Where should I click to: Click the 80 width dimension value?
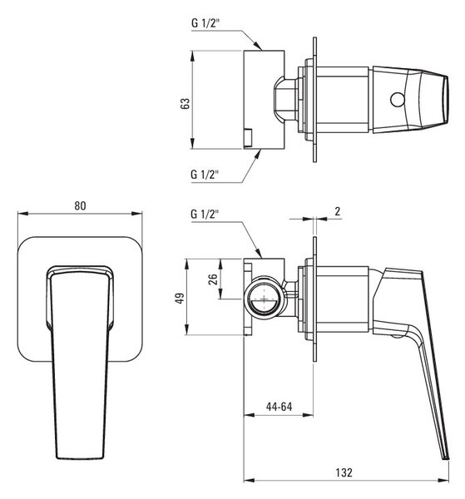tap(80, 206)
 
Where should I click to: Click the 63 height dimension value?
tap(185, 104)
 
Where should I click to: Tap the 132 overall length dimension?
tap(344, 472)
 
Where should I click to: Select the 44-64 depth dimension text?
tap(279, 407)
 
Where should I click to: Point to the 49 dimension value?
tap(181, 299)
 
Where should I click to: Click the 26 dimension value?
tap(213, 279)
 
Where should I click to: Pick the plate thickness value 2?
tap(338, 211)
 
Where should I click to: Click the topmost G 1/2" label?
tap(205, 23)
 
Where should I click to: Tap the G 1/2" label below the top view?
tap(205, 175)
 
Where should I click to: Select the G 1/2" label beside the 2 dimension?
tap(205, 214)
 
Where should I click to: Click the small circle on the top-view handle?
tap(398, 100)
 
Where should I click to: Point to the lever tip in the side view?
tap(446, 457)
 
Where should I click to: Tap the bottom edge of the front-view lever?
tap(80, 458)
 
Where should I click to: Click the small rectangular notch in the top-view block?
tap(248, 137)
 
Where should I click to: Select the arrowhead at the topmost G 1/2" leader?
tap(258, 46)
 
